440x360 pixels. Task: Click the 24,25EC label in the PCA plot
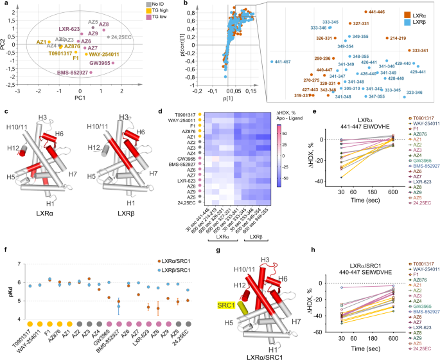[x=121, y=37]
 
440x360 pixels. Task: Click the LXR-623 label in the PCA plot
[x=69, y=29]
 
